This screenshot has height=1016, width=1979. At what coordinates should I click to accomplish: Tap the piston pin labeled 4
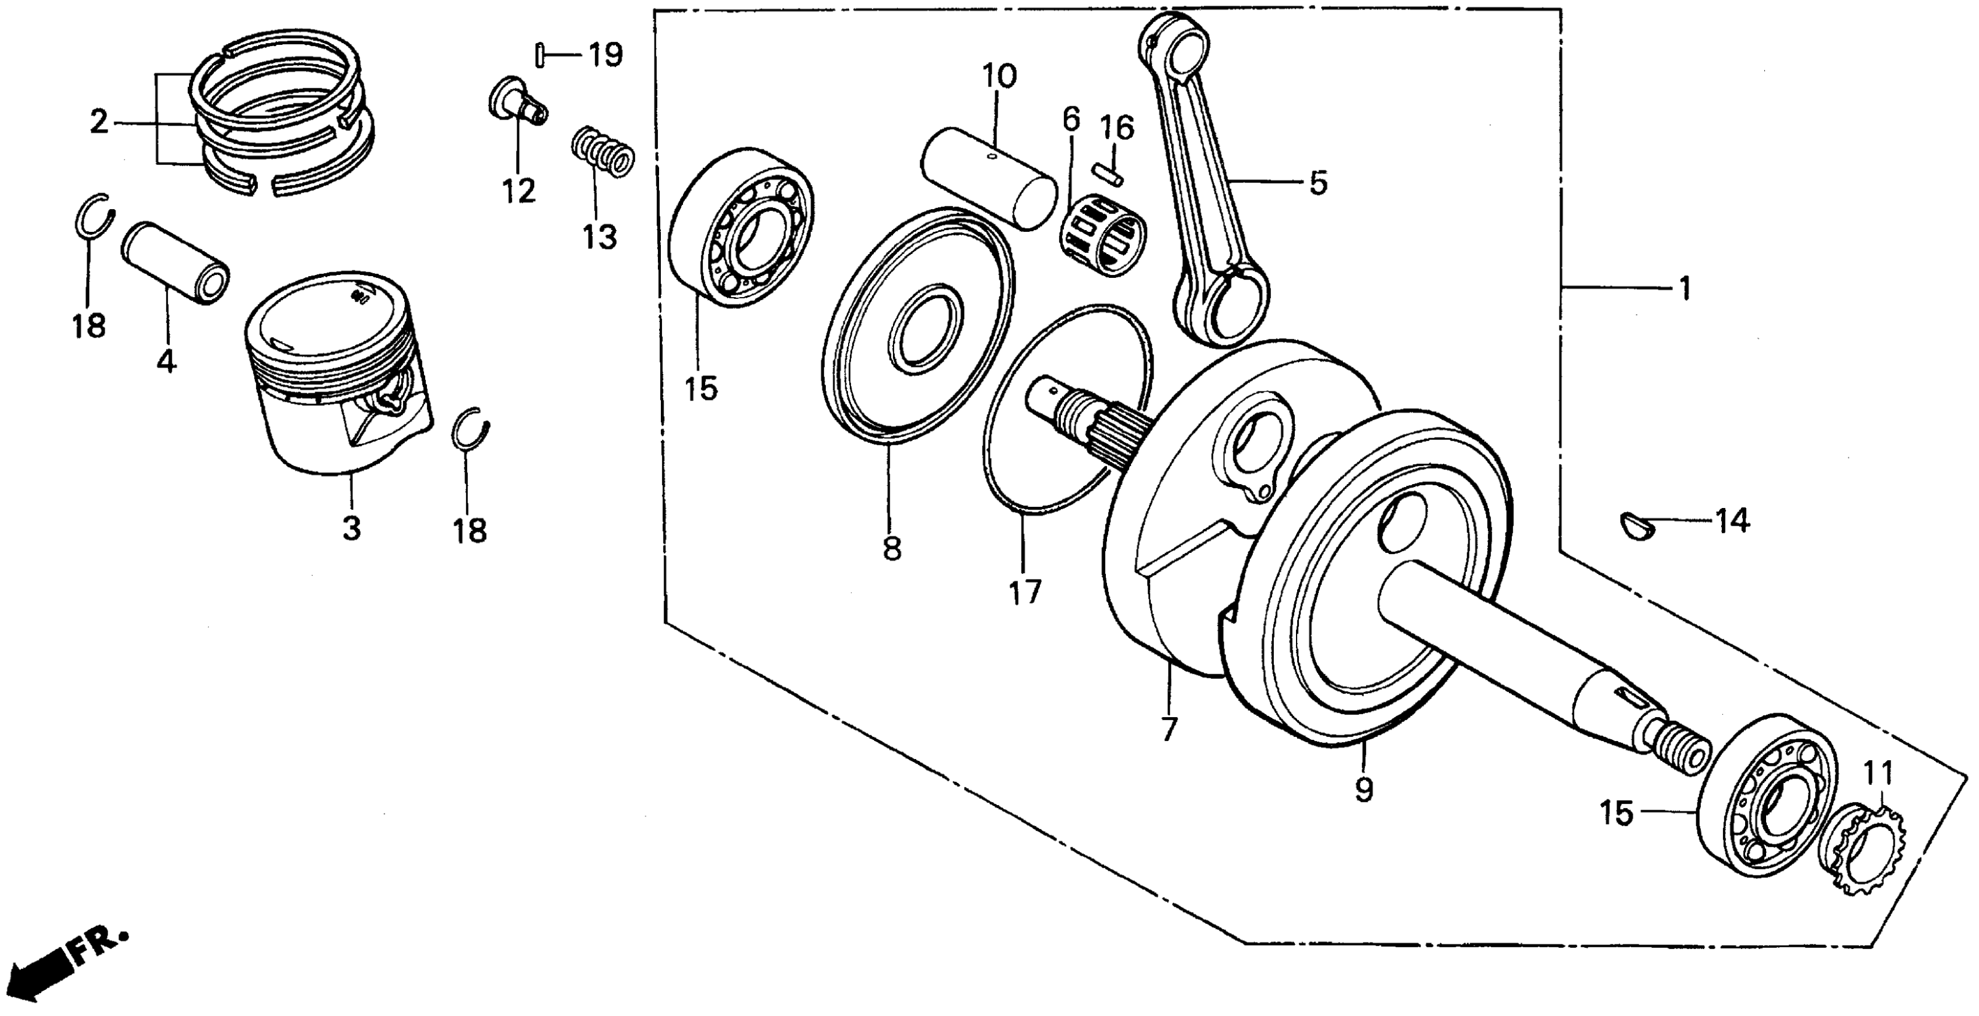[x=176, y=261]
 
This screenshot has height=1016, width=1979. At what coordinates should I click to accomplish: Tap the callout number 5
[x=1318, y=183]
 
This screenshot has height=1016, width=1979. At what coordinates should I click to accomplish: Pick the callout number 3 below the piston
[x=351, y=528]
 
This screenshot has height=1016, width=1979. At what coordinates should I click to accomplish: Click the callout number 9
[x=1364, y=789]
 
